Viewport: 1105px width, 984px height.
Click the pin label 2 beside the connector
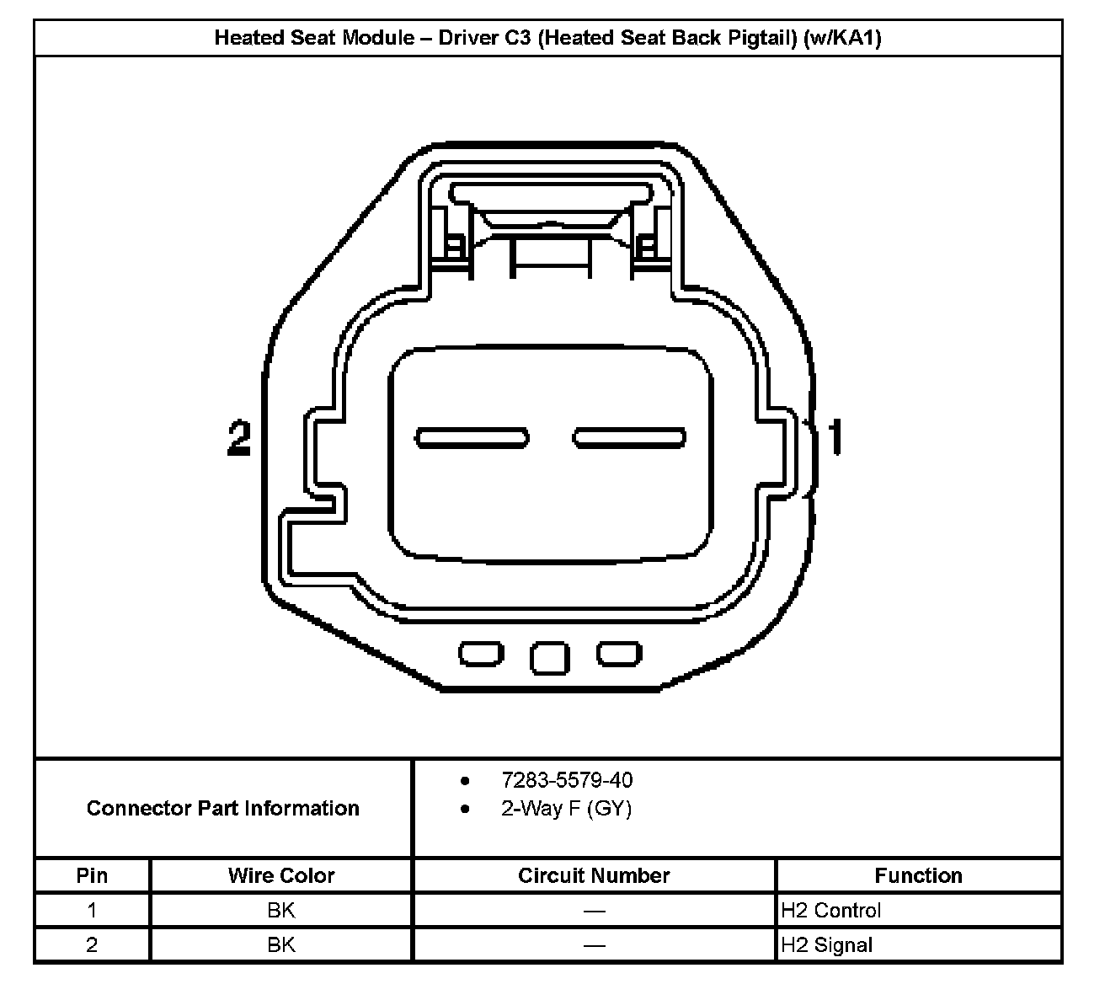pyautogui.click(x=239, y=439)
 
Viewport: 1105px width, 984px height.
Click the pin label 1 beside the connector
pyautogui.click(x=835, y=437)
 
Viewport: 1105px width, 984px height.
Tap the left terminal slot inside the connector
pyautogui.click(x=472, y=438)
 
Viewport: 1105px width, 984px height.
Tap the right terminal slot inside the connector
pyautogui.click(x=629, y=438)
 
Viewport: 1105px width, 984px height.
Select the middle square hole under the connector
pyautogui.click(x=549, y=658)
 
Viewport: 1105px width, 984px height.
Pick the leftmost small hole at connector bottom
pyautogui.click(x=481, y=654)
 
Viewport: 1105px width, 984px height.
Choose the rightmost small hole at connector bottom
pyautogui.click(x=619, y=654)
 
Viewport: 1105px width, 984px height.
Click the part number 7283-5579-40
pyautogui.click(x=567, y=780)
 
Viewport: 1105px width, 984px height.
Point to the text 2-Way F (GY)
pyautogui.click(x=566, y=809)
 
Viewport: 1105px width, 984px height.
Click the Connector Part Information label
pyautogui.click(x=223, y=809)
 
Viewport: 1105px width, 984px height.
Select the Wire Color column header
pyautogui.click(x=281, y=876)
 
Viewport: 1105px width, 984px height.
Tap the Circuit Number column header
pyautogui.click(x=594, y=876)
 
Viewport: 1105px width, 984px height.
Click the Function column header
pyautogui.click(x=918, y=876)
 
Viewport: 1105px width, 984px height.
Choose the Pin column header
pyautogui.click(x=92, y=876)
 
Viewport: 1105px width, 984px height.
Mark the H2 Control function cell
pyautogui.click(x=830, y=911)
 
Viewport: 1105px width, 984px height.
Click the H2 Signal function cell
pyautogui.click(x=826, y=945)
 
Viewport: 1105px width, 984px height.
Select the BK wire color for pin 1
pyautogui.click(x=281, y=911)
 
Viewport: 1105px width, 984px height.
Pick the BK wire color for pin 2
pyautogui.click(x=281, y=945)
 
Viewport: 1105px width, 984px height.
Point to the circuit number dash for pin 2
pyautogui.click(x=594, y=946)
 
